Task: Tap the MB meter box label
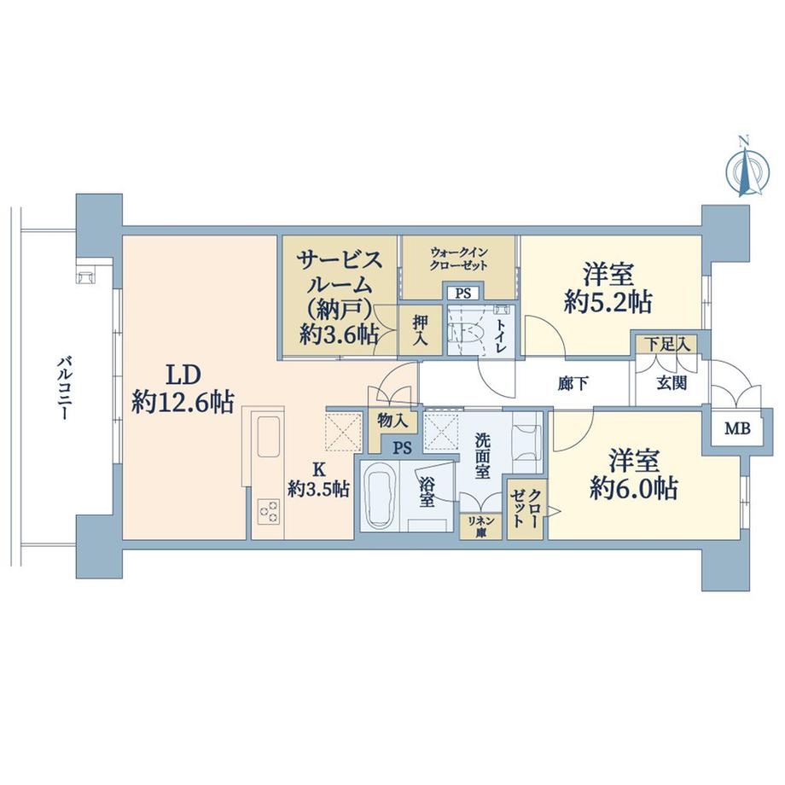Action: [x=738, y=428]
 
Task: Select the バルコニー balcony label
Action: [x=62, y=388]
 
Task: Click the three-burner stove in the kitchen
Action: [x=267, y=512]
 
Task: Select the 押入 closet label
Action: [x=420, y=330]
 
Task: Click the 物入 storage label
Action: [x=393, y=421]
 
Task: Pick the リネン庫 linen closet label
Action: [x=481, y=526]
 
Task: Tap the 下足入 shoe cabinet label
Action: [x=666, y=344]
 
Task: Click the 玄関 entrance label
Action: [x=672, y=383]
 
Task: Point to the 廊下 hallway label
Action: [x=573, y=383]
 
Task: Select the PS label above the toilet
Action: [x=463, y=294]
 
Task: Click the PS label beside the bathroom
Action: [x=402, y=447]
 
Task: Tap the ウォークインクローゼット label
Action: [x=458, y=259]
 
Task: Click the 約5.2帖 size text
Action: [x=608, y=302]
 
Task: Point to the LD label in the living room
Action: [x=183, y=375]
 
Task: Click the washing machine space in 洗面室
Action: [x=526, y=442]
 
